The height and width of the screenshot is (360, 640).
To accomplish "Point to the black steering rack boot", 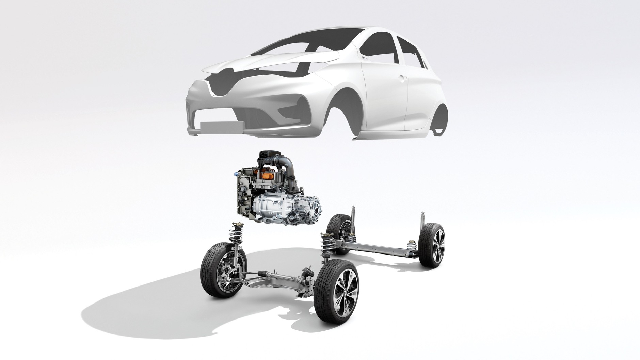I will [x=264, y=273].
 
